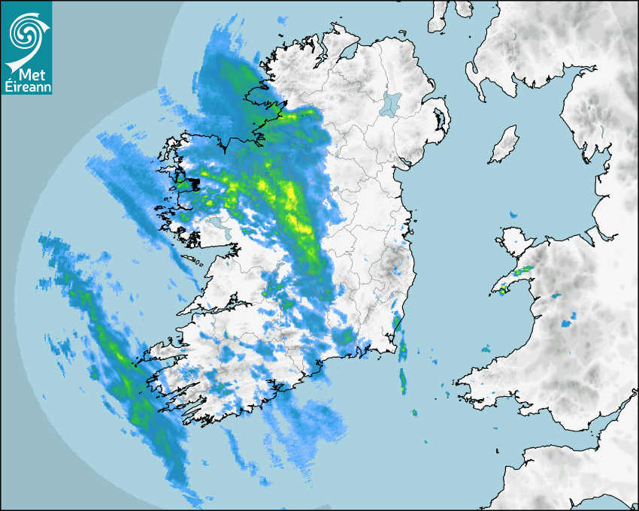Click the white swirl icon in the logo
(27, 33)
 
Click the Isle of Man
(504, 145)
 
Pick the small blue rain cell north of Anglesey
(514, 215)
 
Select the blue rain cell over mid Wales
(566, 323)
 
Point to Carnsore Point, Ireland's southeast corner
(392, 350)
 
